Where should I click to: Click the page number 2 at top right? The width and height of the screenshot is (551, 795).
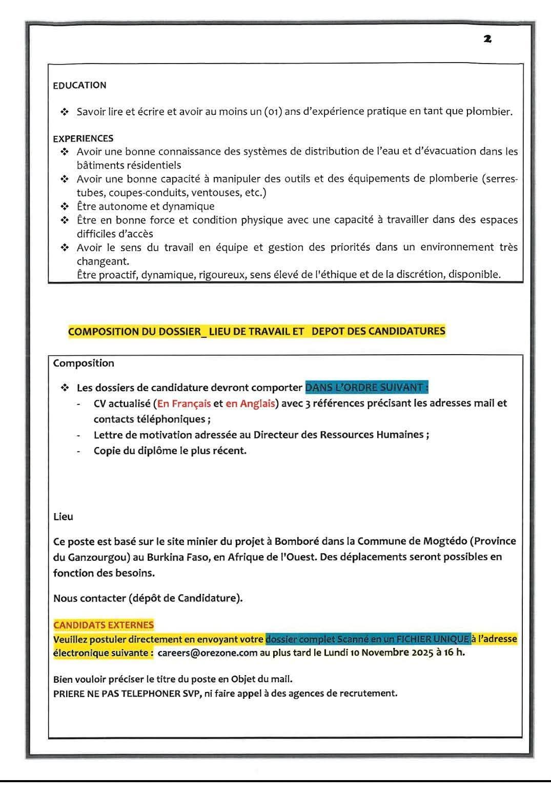point(487,38)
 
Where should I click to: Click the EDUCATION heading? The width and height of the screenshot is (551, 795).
point(79,85)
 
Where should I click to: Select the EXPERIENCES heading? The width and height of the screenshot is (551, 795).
point(83,138)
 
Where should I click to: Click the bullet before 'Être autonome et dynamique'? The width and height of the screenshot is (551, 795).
point(65,207)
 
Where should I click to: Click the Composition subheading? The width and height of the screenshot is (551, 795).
point(84,363)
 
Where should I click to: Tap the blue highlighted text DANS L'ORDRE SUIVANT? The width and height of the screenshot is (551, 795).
point(366,387)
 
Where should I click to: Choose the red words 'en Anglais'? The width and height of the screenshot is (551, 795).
point(250,403)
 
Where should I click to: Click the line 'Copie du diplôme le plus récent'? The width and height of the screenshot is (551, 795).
point(170,451)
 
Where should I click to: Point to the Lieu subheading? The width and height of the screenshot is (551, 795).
point(63,517)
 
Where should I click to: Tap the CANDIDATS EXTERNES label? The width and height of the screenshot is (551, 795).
point(104,625)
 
